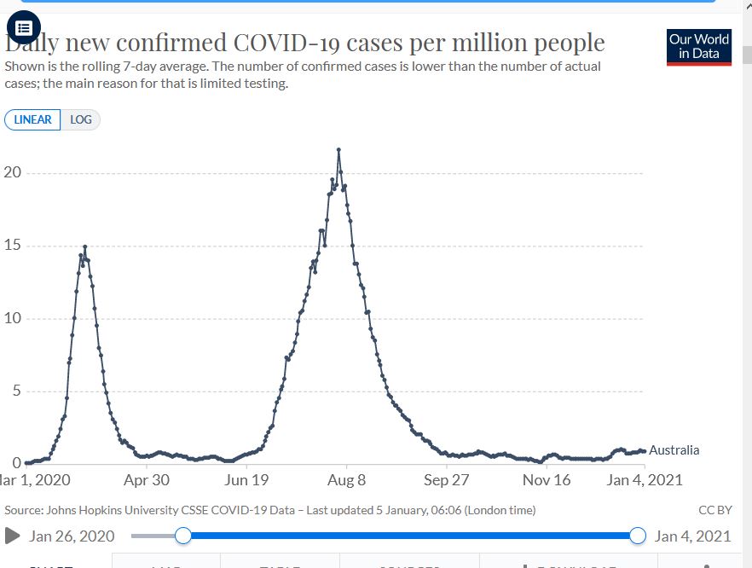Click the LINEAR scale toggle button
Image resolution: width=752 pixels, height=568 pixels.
[32, 119]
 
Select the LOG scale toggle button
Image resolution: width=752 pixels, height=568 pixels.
[81, 119]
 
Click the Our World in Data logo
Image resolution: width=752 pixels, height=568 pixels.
[699, 48]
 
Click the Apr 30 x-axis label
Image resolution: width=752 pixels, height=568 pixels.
[147, 480]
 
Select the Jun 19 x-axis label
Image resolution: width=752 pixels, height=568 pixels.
[246, 480]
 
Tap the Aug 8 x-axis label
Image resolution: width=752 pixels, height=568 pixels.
[347, 480]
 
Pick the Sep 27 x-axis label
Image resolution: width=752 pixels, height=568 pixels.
[447, 480]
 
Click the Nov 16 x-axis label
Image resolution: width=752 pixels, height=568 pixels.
[547, 480]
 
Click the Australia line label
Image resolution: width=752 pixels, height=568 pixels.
[674, 450]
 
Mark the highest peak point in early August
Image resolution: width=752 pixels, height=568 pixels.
[338, 149]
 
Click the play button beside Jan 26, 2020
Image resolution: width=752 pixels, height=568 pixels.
[13, 536]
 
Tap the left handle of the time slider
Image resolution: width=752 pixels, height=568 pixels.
[182, 536]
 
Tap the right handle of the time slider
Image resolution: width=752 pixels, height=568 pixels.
[637, 536]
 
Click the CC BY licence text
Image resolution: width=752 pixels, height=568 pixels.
[714, 510]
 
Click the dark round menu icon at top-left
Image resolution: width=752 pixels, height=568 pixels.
[24, 27]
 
